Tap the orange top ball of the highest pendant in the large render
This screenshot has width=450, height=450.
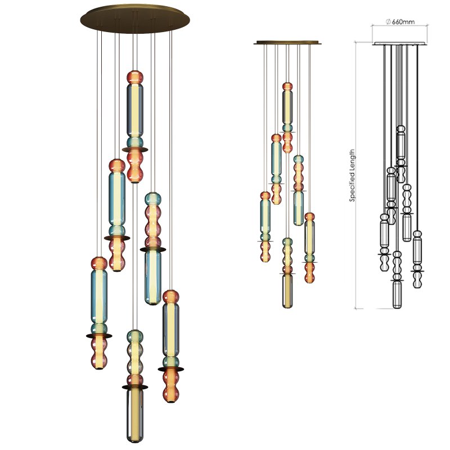pos(134,77)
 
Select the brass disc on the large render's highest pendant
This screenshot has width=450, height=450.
pos(135,149)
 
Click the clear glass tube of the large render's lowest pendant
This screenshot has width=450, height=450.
pos(134,416)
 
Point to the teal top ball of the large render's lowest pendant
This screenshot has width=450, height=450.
pos(134,337)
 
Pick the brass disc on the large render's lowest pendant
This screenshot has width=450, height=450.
pos(135,387)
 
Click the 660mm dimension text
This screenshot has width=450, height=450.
pos(403,22)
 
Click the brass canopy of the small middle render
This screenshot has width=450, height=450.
pos(287,42)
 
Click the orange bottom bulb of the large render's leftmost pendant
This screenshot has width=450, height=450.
pos(99,357)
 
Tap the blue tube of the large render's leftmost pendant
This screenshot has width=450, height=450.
pos(99,295)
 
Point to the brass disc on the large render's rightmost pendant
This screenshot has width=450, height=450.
pos(170,369)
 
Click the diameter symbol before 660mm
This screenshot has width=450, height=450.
pos(388,22)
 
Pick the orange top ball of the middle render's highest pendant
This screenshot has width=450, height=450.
pos(287,87)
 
